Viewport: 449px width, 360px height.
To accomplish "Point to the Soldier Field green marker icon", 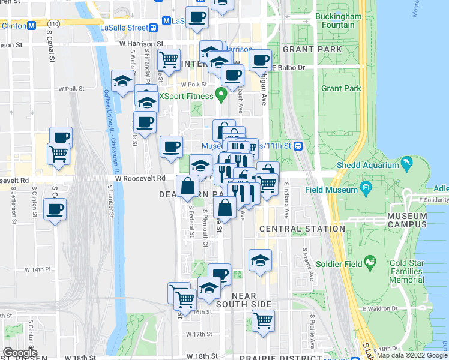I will pos(372,261).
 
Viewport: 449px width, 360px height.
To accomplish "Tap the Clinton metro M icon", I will pos(31,26).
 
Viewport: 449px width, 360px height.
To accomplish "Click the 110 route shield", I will pos(55,24).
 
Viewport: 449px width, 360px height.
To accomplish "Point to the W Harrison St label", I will pos(141,44).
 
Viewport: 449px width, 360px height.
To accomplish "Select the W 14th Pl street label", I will pos(38,270).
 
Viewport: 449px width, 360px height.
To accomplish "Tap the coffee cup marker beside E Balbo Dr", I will pos(260,60).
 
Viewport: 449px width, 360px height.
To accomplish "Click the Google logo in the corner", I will pos(20,353).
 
